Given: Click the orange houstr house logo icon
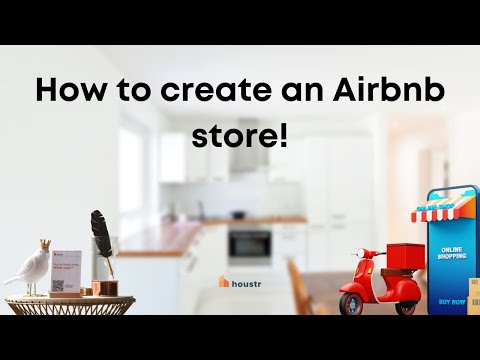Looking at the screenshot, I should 224,281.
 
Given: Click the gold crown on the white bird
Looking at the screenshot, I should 45,243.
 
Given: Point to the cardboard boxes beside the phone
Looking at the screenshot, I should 474,295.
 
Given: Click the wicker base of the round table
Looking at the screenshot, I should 68,306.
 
